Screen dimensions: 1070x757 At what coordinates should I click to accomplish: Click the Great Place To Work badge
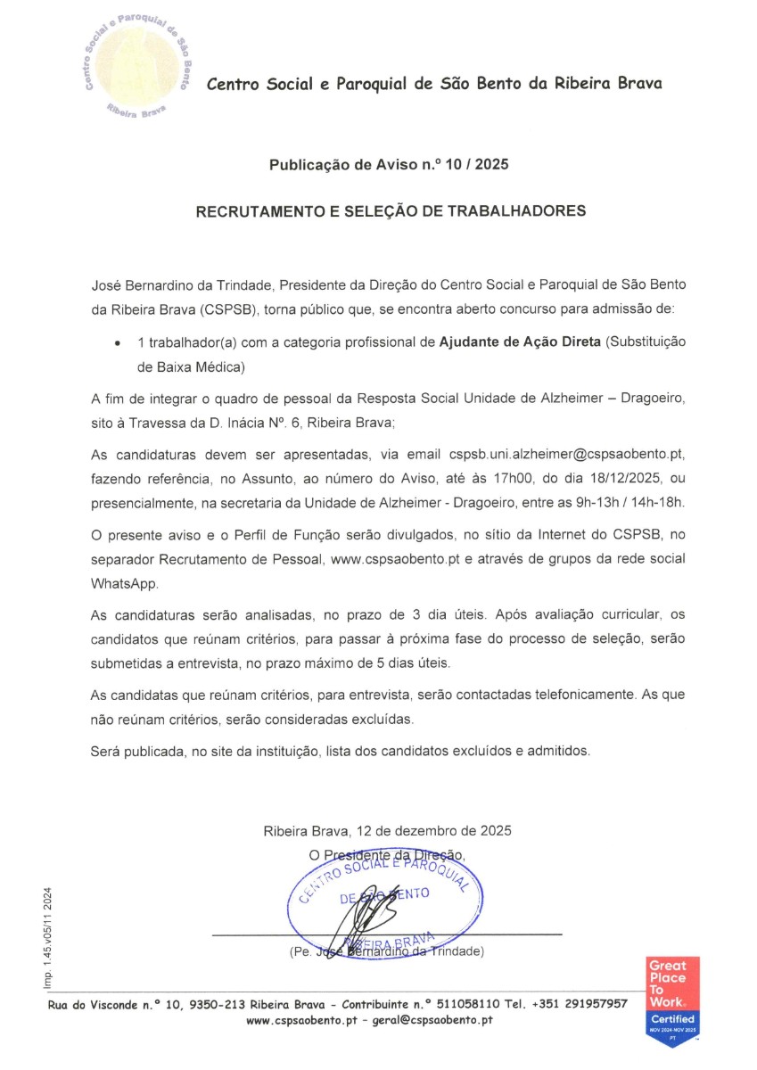(673, 1001)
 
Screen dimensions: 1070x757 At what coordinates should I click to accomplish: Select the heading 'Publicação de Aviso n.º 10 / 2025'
(390, 165)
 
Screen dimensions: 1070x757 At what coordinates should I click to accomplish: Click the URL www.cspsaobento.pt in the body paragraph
(394, 559)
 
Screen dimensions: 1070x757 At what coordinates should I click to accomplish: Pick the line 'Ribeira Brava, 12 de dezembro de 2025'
(387, 831)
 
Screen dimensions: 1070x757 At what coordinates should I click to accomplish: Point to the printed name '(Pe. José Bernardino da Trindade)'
(386, 952)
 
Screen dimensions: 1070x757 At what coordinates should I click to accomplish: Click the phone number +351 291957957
(580, 1004)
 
